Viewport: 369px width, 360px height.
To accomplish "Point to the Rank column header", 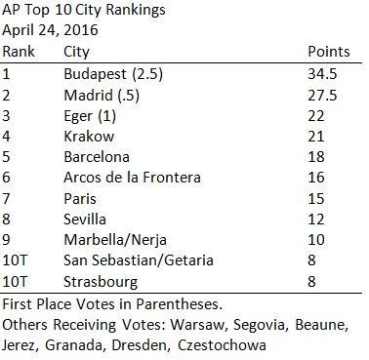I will (20, 52).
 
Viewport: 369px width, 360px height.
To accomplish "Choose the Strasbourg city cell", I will (115, 286).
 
